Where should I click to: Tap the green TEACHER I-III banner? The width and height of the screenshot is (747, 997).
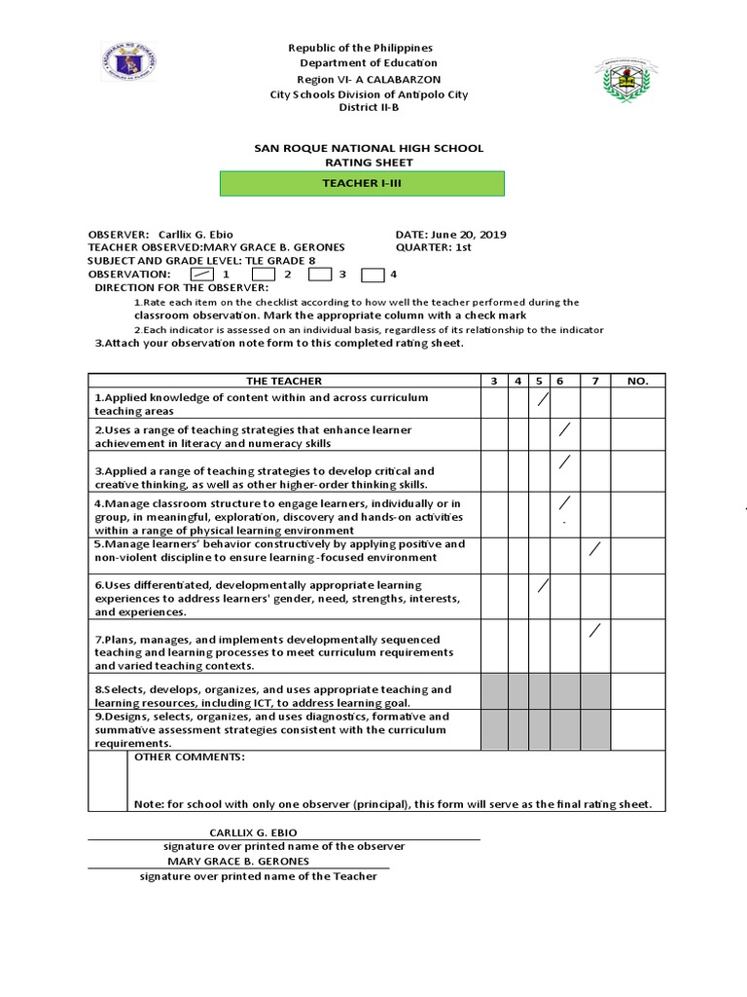point(361,183)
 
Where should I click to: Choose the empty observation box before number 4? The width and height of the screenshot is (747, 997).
point(373,276)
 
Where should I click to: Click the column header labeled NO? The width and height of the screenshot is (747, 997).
point(637,381)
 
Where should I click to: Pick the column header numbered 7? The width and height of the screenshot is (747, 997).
point(595,381)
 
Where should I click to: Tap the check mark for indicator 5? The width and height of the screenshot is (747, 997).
point(595,550)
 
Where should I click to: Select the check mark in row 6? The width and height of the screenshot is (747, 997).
point(543,586)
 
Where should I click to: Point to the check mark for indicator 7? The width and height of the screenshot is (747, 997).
point(595,631)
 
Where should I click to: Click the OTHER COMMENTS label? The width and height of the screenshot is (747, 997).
point(190,757)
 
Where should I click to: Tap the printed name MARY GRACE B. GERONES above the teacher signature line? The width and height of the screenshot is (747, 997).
point(238,861)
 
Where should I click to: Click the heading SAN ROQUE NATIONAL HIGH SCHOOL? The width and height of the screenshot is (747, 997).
point(368,148)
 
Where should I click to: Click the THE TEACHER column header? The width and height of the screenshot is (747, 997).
point(284,381)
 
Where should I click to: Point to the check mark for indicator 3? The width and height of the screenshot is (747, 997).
point(563,462)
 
